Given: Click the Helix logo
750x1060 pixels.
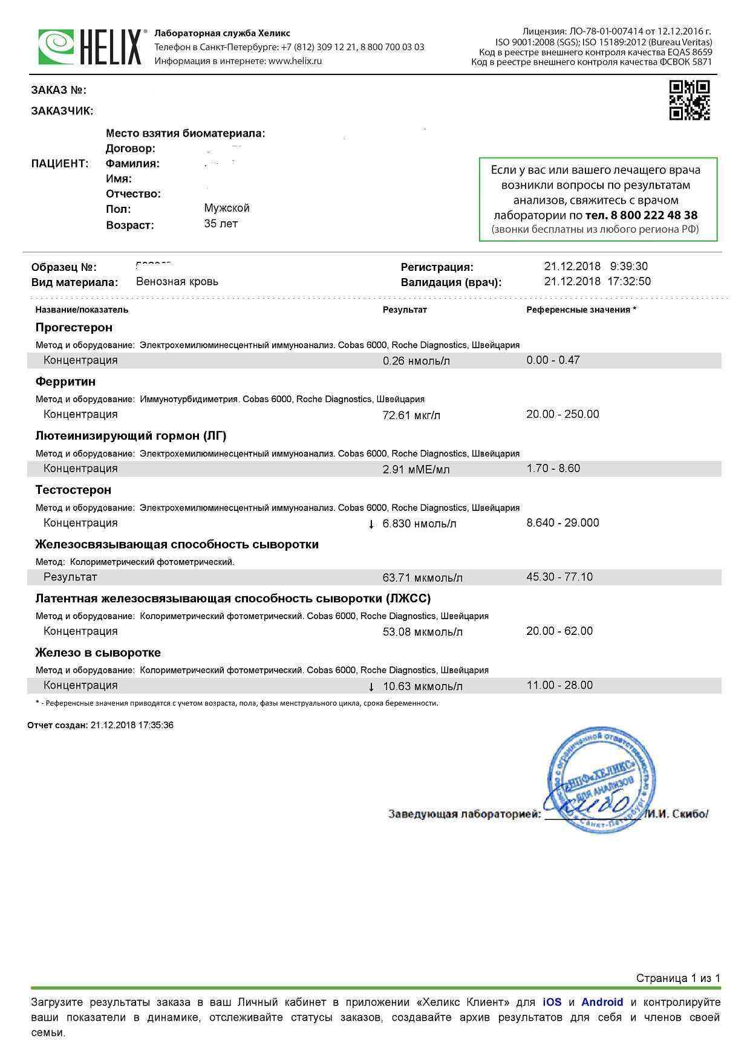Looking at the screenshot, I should pyautogui.click(x=91, y=47).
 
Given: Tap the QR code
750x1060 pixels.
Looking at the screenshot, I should pyautogui.click(x=689, y=100).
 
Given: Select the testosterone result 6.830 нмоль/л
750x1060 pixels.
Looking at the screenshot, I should pyautogui.click(x=419, y=524).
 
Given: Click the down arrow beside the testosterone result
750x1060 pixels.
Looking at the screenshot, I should pyautogui.click(x=371, y=524).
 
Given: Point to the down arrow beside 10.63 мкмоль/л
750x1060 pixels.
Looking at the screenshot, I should pyautogui.click(x=371, y=687).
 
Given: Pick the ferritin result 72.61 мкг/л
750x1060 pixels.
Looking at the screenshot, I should pyautogui.click(x=411, y=415).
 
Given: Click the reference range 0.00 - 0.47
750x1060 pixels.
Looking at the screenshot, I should pyautogui.click(x=553, y=360).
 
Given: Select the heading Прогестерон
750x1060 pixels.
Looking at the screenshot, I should pyautogui.click(x=74, y=328).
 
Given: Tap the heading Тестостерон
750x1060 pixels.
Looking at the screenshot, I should pyautogui.click(x=73, y=490).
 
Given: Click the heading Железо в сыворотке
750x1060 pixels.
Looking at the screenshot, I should pyautogui.click(x=98, y=653).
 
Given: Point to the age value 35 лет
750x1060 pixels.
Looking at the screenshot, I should pyautogui.click(x=221, y=224).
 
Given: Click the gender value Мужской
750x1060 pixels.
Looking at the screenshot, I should pyautogui.click(x=227, y=208).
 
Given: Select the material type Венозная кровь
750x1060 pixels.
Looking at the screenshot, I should pyautogui.click(x=177, y=282).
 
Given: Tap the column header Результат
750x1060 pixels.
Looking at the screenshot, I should pyautogui.click(x=405, y=310).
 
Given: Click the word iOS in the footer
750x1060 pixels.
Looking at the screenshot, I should pyautogui.click(x=552, y=1003).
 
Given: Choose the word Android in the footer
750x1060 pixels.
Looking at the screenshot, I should pyautogui.click(x=602, y=1003).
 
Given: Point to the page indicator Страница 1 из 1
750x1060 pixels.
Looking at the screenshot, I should pyautogui.click(x=677, y=978).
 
